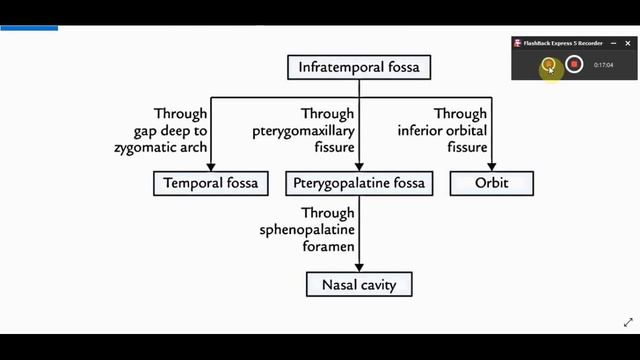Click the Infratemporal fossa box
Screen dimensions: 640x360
coord(359,67)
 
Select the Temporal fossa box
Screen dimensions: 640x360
coord(211,183)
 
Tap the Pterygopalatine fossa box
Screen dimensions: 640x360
coord(359,183)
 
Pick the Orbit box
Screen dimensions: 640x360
coord(491,183)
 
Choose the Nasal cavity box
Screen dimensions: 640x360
coord(359,284)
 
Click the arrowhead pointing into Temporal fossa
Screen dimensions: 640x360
coord(211,167)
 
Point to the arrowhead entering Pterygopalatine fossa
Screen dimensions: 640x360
coord(359,167)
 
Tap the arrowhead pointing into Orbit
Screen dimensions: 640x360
coord(491,167)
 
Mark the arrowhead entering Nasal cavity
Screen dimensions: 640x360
coord(359,268)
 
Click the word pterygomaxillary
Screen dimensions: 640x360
coord(303,131)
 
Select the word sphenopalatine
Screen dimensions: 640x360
coord(307,230)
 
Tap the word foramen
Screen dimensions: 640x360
coord(328,246)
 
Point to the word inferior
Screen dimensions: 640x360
coord(419,131)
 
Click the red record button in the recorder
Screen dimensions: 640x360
coord(574,64)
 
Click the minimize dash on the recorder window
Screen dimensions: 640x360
coord(613,43)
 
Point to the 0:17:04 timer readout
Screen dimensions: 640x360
coord(603,65)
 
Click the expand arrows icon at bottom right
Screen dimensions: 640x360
coord(628,322)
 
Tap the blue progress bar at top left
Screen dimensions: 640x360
coord(29,28)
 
